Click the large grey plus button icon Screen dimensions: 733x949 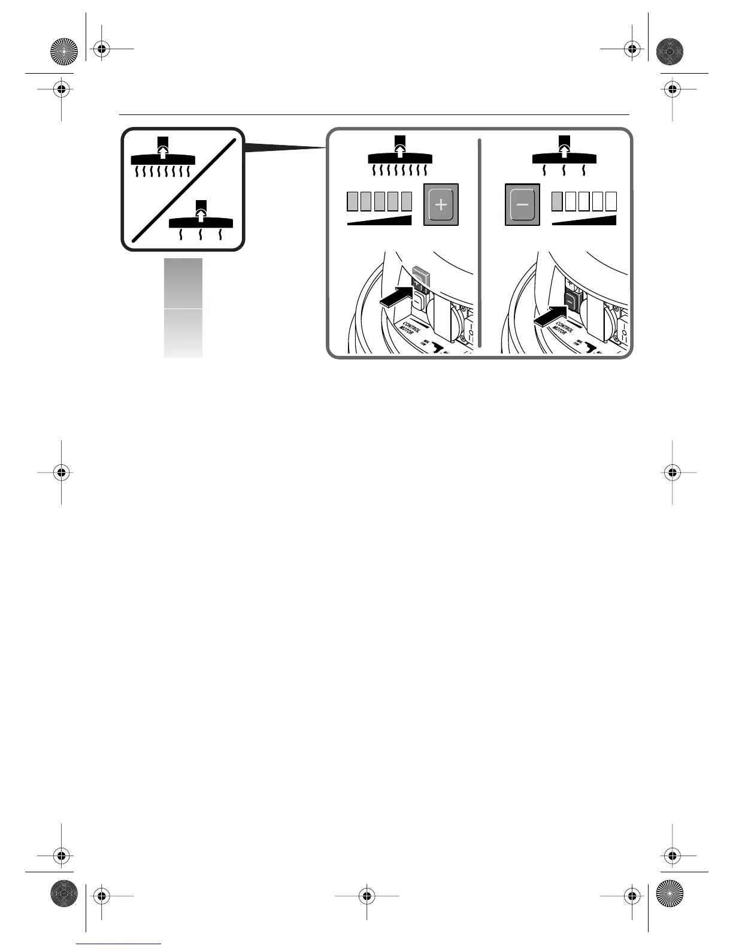tap(441, 204)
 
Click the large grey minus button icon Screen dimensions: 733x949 tap(522, 204)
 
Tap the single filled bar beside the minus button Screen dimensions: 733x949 tap(557, 202)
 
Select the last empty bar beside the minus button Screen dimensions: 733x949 tap(611, 202)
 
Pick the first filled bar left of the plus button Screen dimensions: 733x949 tap(353, 202)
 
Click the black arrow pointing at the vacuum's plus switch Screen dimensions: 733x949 tap(395, 297)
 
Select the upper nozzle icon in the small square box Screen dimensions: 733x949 tap(163, 157)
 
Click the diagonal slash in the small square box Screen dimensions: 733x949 tap(183, 189)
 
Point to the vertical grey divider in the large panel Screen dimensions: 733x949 tap(480, 243)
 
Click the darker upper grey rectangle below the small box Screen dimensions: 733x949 tap(183, 283)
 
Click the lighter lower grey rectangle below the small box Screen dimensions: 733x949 tap(183, 333)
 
